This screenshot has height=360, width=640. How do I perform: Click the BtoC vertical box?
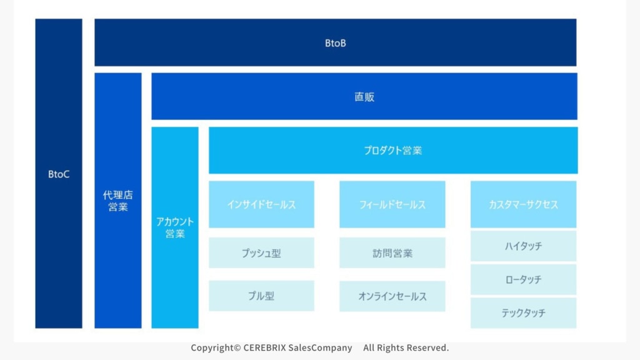[x=59, y=174]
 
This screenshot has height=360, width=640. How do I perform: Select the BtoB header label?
[x=335, y=43]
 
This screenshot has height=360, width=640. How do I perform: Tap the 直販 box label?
[x=364, y=97]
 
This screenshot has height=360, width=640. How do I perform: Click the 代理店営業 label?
[x=117, y=201]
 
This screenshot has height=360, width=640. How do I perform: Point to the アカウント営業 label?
[x=175, y=227]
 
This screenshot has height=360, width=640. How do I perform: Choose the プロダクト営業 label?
[x=392, y=151]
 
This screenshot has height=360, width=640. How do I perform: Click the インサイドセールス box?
[x=261, y=204]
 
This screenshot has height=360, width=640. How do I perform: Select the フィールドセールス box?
[x=392, y=204]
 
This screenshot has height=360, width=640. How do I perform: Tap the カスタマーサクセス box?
[x=524, y=204]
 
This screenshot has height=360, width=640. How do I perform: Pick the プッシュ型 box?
[x=261, y=253]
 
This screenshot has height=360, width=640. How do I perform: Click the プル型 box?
[x=261, y=296]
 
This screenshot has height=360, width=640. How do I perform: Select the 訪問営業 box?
[x=392, y=253]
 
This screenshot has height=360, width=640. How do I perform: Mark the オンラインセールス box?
[x=392, y=296]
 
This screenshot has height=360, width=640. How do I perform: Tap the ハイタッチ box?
[x=524, y=246]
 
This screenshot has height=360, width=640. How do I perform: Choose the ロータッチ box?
[x=524, y=279]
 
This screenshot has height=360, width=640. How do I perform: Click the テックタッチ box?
[x=524, y=312]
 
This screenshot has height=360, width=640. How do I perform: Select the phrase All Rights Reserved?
[x=406, y=347]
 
